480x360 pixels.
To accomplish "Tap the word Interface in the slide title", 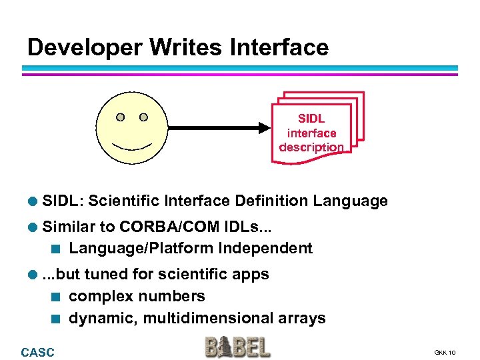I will click(x=279, y=47).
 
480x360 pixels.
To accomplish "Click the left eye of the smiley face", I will click(x=120, y=117).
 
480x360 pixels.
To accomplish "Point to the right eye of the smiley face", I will click(x=143, y=117).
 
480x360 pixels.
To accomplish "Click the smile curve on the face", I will click(x=132, y=145).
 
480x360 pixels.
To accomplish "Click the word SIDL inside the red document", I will click(x=311, y=119).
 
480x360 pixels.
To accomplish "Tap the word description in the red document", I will click(x=311, y=147).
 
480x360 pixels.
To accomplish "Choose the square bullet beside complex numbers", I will click(x=57, y=297).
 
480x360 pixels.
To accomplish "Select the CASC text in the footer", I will click(x=37, y=352).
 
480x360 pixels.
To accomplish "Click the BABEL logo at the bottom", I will click(x=238, y=347).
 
